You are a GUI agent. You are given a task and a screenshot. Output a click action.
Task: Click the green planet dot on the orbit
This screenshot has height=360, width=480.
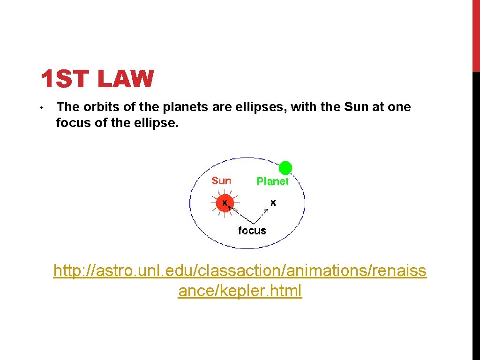coord(285,168)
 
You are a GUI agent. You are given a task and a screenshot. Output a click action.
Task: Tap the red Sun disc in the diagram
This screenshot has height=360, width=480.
coord(225,203)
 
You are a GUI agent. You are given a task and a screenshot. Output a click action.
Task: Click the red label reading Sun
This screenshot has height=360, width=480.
coord(221,181)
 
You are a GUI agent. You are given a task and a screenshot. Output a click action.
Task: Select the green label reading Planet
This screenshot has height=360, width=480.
coord(272,181)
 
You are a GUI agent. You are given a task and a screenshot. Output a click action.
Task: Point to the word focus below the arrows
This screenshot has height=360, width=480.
coord(252,231)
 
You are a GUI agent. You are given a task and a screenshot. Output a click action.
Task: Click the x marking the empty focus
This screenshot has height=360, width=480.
coord(273,202)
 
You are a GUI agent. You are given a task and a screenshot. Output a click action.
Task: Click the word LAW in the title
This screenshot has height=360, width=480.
coord(126,79)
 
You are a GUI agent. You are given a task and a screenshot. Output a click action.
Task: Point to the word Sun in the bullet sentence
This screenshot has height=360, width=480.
coord(357,107)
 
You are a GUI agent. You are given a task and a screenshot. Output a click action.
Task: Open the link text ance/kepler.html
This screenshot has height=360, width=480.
coord(240,291)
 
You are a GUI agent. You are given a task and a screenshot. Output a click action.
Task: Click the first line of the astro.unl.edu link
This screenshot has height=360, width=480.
coord(240,271)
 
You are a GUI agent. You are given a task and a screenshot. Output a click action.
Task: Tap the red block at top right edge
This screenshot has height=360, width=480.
coord(476,36)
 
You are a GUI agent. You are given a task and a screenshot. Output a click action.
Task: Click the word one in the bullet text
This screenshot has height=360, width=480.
coord(399,107)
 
